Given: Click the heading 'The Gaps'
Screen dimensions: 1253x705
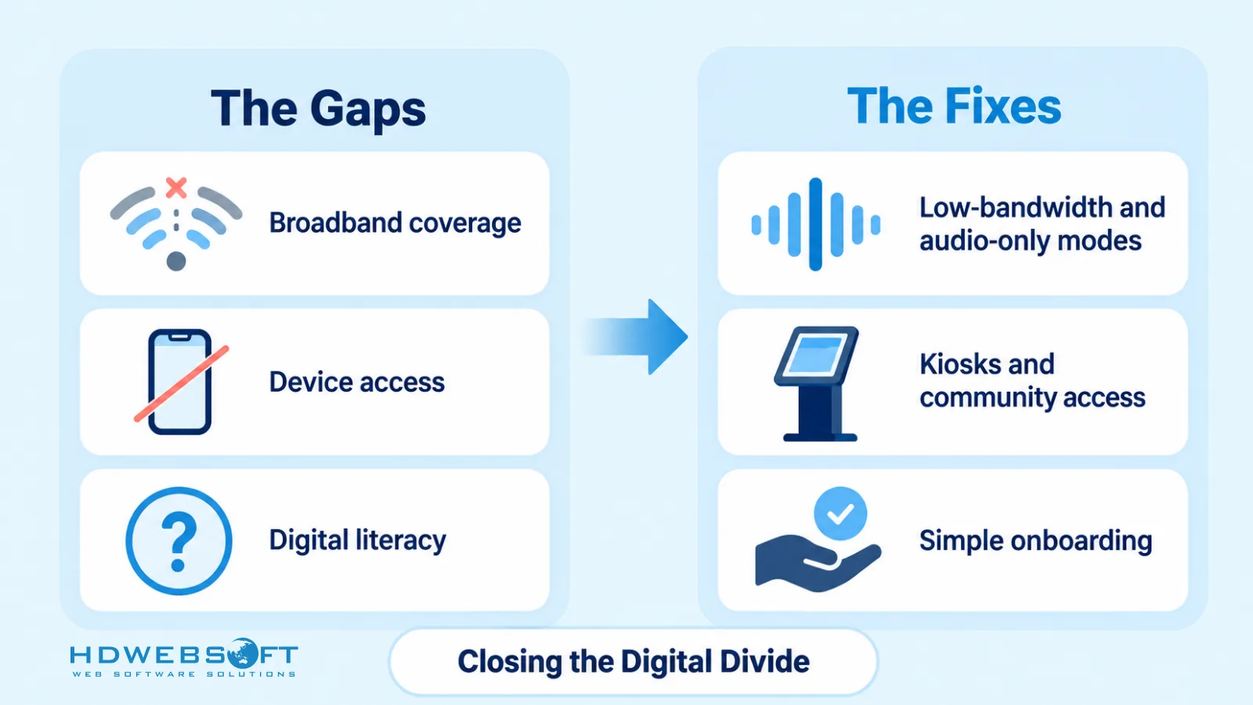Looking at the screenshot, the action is coord(318,109).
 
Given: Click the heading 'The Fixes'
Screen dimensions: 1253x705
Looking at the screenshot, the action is coord(954,107).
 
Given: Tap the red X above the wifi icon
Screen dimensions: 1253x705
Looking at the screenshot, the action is coord(176,188).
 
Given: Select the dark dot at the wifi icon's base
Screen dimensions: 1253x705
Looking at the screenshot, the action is coord(176,262).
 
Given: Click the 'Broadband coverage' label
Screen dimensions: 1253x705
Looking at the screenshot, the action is coord(395,222).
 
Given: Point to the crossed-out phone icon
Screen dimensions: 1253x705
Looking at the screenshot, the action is coord(181,381).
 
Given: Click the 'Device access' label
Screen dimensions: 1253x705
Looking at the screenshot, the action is coord(357,382).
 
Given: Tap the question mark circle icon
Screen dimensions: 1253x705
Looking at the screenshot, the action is coord(179,540).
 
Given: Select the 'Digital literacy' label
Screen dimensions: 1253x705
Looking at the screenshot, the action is coord(357,540).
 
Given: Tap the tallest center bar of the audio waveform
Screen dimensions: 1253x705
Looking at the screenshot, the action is coord(815,224).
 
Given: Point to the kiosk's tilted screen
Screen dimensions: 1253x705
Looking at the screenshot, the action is coord(815,355).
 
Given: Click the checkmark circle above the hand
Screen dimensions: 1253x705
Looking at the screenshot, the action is coord(840,514).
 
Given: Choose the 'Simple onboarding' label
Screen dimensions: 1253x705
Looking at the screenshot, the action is coord(1035,541).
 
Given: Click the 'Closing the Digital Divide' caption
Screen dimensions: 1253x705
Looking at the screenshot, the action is coord(634,661).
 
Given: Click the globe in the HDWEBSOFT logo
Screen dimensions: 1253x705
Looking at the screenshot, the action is coord(242,653).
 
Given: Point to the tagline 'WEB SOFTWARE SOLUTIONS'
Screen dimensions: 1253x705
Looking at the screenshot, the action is coord(183,674).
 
